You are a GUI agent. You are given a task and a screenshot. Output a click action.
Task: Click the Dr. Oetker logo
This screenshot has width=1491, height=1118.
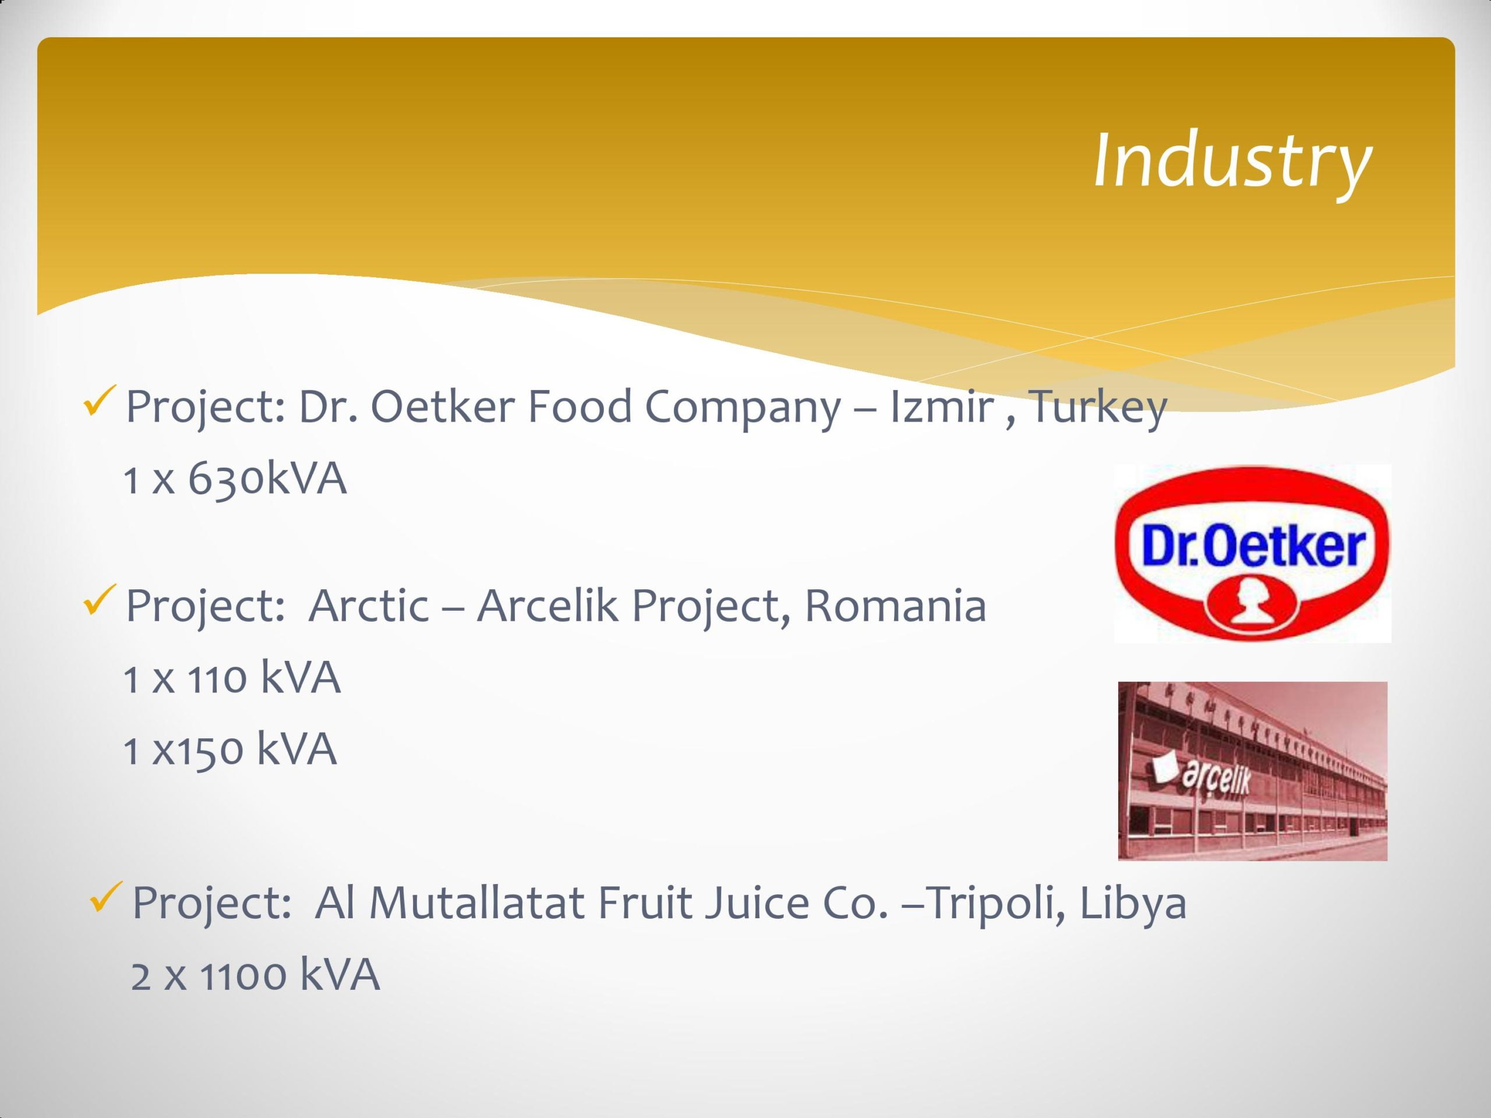pyautogui.click(x=1252, y=553)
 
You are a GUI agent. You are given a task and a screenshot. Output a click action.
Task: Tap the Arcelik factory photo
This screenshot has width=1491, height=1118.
pyautogui.click(x=1252, y=771)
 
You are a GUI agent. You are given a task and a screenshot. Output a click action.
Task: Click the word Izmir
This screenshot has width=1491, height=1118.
pyautogui.click(x=942, y=407)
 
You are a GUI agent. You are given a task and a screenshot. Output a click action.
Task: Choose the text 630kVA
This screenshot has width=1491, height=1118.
pyautogui.click(x=267, y=479)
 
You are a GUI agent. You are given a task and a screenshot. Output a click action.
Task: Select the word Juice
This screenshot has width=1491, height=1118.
pyautogui.click(x=757, y=903)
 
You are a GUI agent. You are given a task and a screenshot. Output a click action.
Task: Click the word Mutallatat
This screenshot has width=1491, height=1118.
pyautogui.click(x=476, y=903)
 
